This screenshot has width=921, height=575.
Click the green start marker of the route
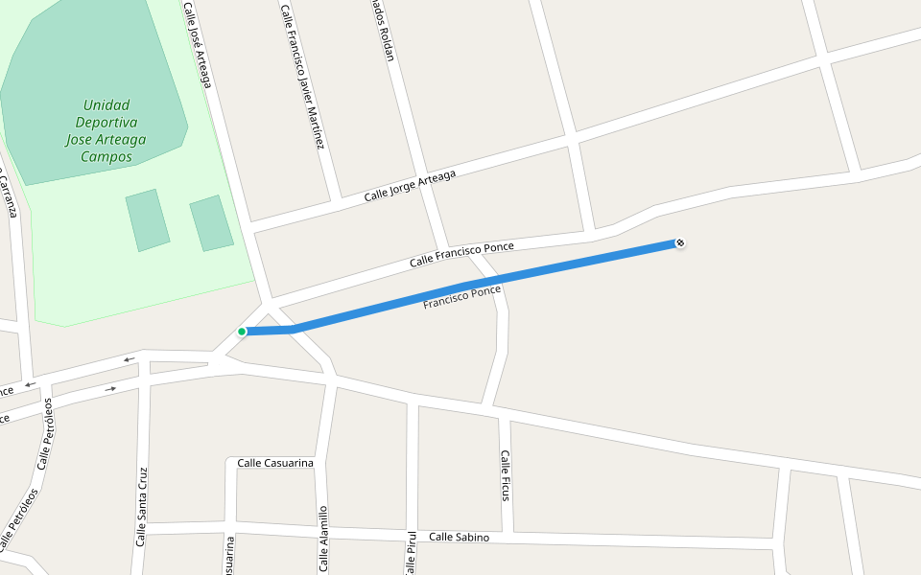click(242, 332)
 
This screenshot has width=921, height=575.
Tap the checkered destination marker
click(680, 243)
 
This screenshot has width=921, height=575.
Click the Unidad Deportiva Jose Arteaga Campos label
click(106, 131)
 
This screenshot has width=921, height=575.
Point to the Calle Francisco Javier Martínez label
click(302, 77)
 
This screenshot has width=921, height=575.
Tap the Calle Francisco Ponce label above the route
click(461, 254)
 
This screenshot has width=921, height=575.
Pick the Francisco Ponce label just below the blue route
click(462, 297)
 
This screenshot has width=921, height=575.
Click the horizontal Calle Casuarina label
click(275, 463)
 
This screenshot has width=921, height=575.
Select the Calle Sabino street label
click(459, 537)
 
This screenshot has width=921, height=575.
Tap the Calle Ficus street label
click(506, 475)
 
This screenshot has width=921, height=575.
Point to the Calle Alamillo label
click(323, 539)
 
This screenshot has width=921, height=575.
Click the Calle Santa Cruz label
click(141, 507)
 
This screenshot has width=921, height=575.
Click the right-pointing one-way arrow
click(110, 388)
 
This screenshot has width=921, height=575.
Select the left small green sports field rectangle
click(148, 220)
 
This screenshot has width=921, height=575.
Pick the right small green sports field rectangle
click(211, 223)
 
